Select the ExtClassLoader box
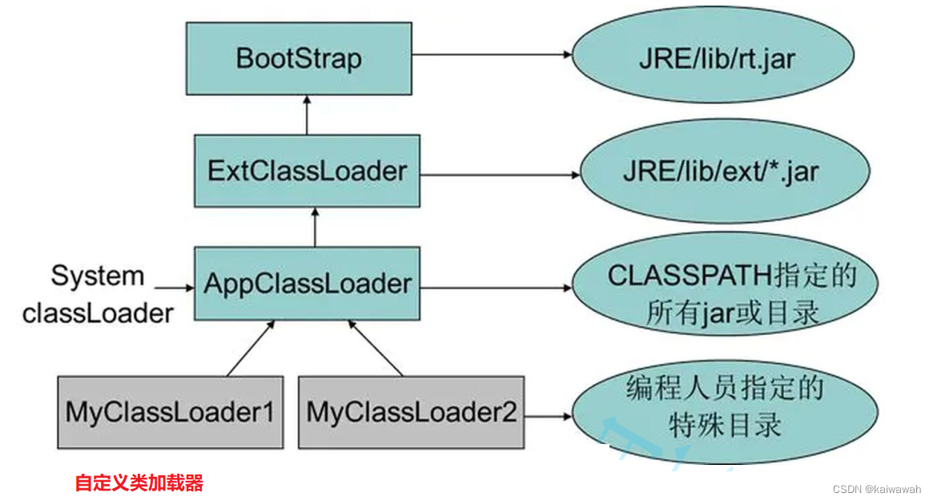tap(307, 171)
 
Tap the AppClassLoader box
tap(307, 283)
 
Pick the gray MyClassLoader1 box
tap(170, 412)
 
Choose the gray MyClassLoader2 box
tap(411, 412)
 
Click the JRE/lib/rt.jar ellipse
tap(716, 59)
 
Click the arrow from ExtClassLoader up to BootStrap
tap(307, 115)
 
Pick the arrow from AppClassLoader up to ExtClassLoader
tap(316, 227)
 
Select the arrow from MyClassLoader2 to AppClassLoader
tap(375, 348)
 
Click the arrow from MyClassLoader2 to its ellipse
tap(547, 416)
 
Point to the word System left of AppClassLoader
tap(98, 276)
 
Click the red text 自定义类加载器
tap(139, 483)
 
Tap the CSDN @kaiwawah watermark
tap(876, 488)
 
